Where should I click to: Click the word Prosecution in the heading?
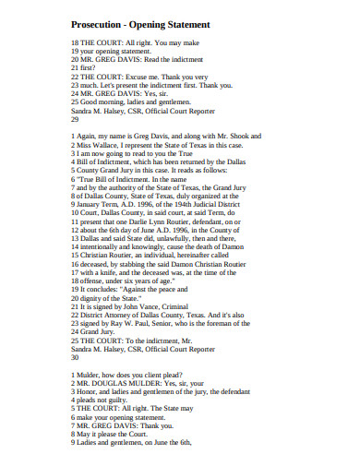tap(98, 24)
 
